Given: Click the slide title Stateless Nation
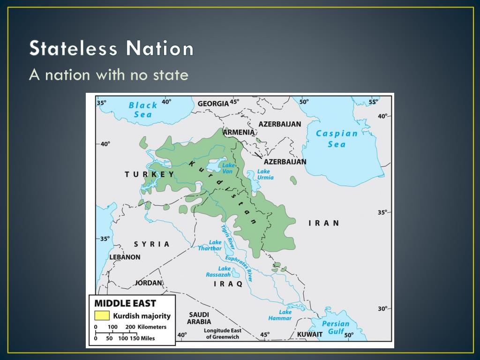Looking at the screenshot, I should point(112,49).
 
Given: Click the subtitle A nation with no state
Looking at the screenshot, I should point(108,74).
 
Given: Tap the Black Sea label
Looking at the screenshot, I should point(143,110).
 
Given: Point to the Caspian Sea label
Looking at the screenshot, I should point(337,139).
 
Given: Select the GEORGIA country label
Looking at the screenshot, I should point(213,103).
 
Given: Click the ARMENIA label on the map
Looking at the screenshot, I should point(239,132).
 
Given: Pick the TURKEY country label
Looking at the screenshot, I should point(150,174).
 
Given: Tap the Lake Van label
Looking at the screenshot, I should point(228,168).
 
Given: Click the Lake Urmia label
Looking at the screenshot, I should point(265,174).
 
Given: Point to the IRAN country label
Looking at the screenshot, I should point(323,223).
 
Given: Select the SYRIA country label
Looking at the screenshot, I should point(152,244).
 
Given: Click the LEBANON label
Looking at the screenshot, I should point(125,257).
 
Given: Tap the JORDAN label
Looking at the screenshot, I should point(149,283).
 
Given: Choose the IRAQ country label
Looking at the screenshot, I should point(228,284).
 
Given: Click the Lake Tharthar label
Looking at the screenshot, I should point(210,246).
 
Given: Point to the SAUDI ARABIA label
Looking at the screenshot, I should point(199,318).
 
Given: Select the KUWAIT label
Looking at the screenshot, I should point(310,334).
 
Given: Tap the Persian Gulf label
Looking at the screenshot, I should point(336,327).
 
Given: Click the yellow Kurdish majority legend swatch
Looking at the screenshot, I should point(102,315).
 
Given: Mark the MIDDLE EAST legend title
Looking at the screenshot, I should point(125,303).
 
